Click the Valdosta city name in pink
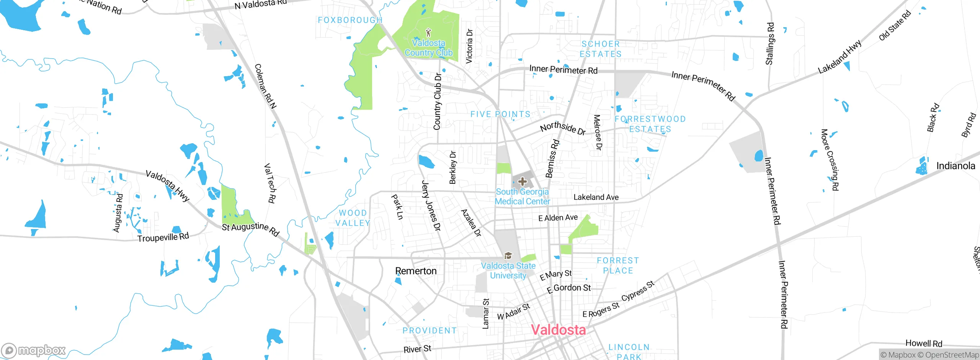click(x=558, y=330)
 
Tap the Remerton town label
click(x=416, y=271)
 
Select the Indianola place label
click(x=955, y=166)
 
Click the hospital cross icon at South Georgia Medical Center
click(x=522, y=182)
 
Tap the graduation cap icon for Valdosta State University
click(x=508, y=255)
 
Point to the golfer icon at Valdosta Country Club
click(x=428, y=32)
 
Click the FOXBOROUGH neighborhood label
click(x=350, y=20)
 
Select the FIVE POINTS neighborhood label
click(x=500, y=114)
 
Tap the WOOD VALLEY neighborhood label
click(x=353, y=218)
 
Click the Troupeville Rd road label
click(x=163, y=237)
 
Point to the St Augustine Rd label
click(x=251, y=229)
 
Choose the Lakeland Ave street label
click(x=596, y=197)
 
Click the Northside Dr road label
click(x=563, y=128)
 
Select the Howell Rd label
click(x=923, y=343)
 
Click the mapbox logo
click(x=34, y=350)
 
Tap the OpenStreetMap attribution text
click(x=951, y=355)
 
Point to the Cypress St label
click(x=638, y=291)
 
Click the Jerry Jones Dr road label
click(x=431, y=206)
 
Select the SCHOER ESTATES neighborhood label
click(x=600, y=49)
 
